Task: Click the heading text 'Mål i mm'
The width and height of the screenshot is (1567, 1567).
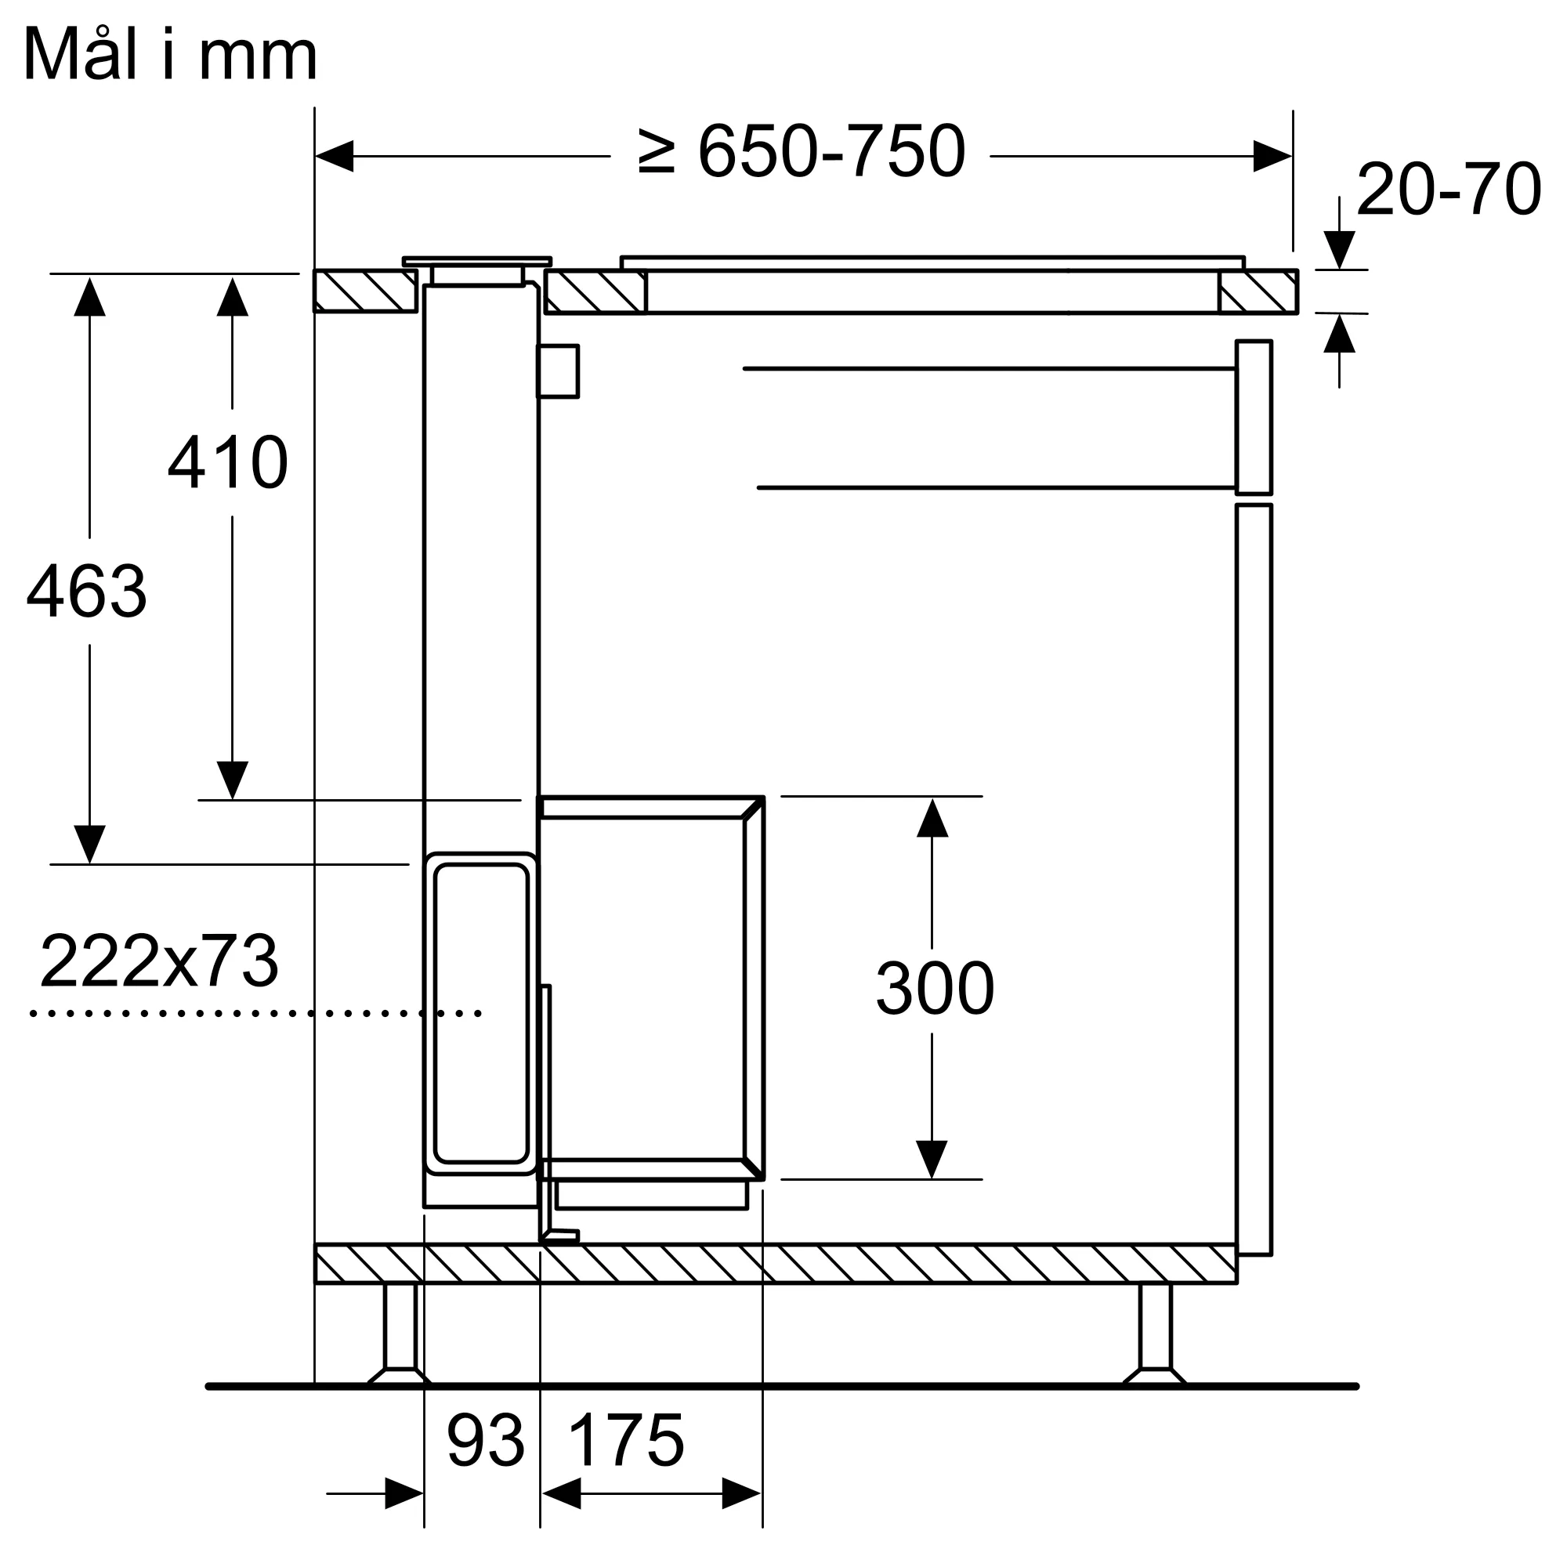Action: click(170, 55)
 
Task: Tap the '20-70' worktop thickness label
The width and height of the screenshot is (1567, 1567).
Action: click(1448, 190)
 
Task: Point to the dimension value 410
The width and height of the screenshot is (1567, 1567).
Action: click(228, 463)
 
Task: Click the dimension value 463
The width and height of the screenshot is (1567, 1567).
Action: click(87, 592)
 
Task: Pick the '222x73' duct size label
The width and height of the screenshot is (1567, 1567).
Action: click(159, 961)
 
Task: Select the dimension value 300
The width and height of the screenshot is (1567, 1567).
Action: click(935, 988)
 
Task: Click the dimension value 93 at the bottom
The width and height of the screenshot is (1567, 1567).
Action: click(485, 1442)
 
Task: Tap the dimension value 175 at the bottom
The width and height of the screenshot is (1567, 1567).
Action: click(626, 1442)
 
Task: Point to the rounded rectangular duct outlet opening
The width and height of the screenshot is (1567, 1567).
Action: click(481, 1014)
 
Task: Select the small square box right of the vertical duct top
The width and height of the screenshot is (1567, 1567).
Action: click(558, 371)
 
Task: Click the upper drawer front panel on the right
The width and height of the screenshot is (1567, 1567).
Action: click(1253, 417)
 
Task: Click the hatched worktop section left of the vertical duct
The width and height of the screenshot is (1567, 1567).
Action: click(365, 291)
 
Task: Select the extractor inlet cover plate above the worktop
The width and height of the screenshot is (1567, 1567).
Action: click(477, 261)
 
